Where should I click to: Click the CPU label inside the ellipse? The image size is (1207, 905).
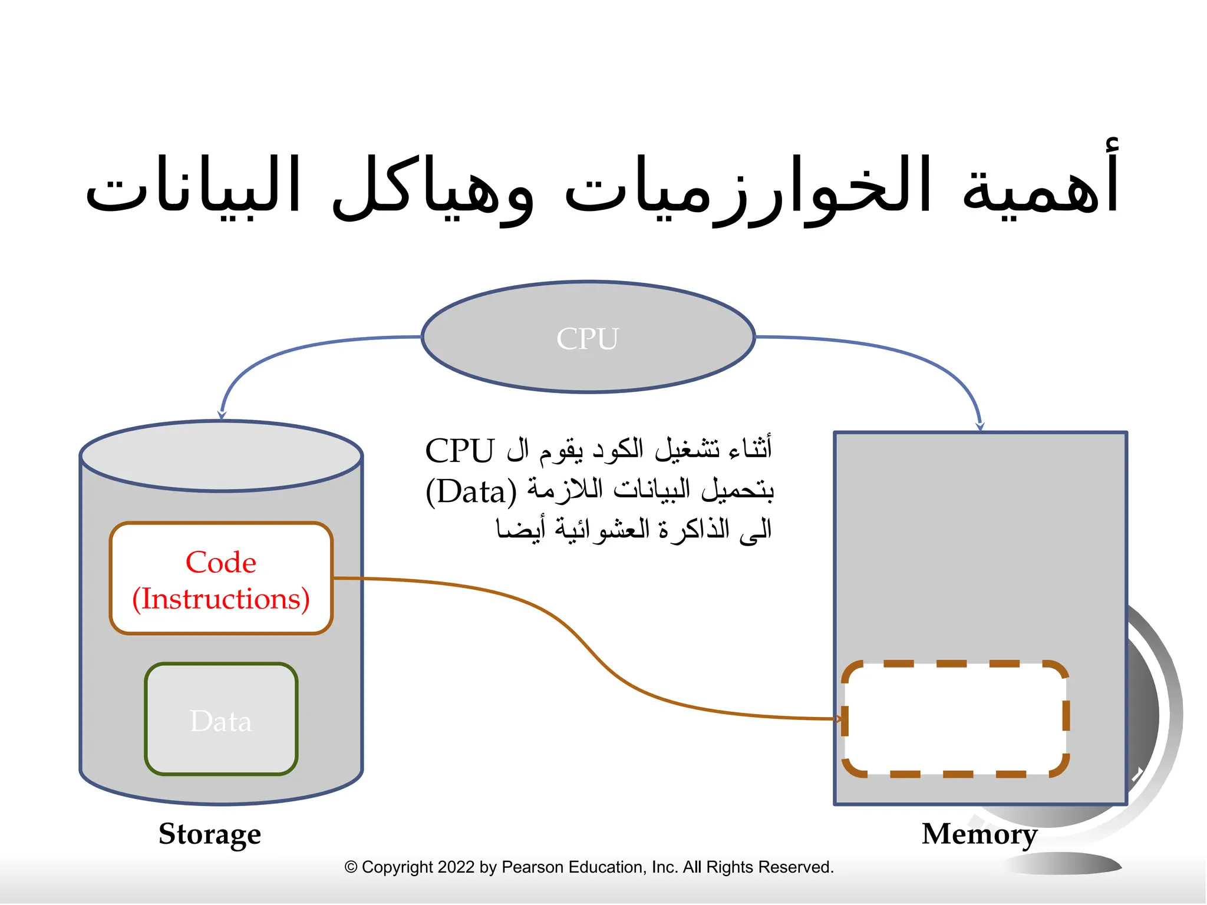tap(588, 339)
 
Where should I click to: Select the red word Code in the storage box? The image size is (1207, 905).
tap(221, 562)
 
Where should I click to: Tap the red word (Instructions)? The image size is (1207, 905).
tap(221, 599)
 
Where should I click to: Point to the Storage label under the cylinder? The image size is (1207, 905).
tap(210, 834)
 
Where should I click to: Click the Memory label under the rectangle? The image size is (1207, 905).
tap(980, 834)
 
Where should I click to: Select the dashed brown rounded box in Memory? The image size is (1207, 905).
tap(955, 719)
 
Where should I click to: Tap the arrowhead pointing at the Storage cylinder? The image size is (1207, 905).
tap(222, 415)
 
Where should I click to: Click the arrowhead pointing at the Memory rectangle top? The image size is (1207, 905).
tap(980, 426)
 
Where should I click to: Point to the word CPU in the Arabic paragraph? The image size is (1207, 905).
tap(460, 451)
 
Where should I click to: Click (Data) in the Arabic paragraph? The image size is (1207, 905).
tap(471, 491)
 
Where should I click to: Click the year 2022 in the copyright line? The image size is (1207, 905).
tap(456, 867)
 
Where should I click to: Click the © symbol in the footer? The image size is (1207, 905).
tap(351, 867)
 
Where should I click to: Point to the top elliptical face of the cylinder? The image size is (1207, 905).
tap(221, 455)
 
